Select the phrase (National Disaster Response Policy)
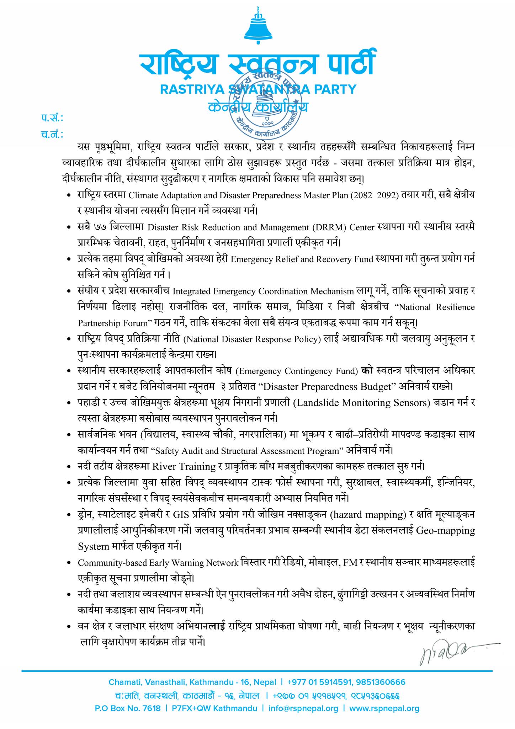click(x=252, y=339)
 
